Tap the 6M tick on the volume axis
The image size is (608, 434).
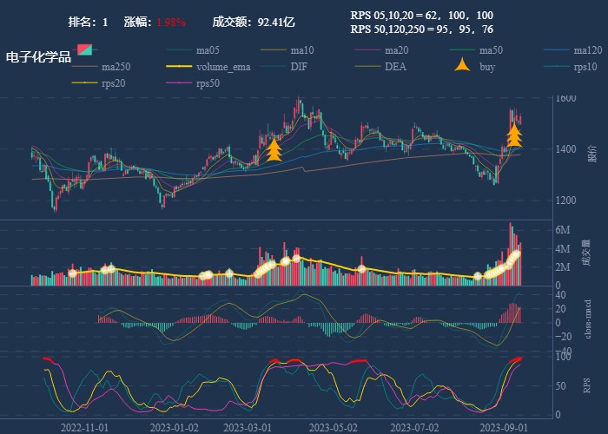click(562, 230)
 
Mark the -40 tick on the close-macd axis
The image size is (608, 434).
click(562, 352)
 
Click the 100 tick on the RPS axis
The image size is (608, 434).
click(563, 356)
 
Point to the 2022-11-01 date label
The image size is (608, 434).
click(84, 427)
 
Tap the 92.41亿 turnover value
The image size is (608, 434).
click(276, 22)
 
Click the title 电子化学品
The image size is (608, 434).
click(38, 57)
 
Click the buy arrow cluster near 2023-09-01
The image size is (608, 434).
click(514, 134)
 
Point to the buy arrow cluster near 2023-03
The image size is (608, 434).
click(274, 150)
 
